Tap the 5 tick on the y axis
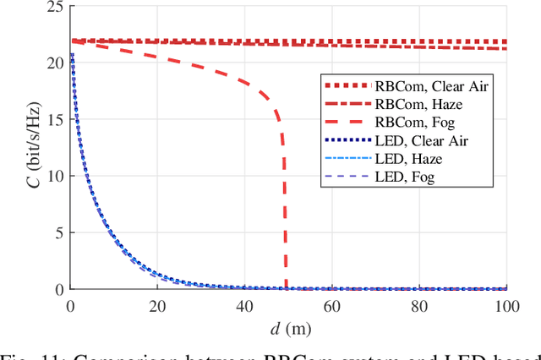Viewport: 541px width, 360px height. [x=57, y=232]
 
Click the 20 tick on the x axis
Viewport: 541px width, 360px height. [x=157, y=305]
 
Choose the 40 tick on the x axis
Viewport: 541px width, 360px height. [x=244, y=305]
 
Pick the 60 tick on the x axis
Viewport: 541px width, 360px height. [x=332, y=305]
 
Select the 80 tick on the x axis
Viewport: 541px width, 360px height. [x=419, y=305]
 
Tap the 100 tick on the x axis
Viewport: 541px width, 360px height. [x=505, y=305]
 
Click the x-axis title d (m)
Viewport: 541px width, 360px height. [x=288, y=326]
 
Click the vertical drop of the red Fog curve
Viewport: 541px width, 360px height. [x=286, y=211]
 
